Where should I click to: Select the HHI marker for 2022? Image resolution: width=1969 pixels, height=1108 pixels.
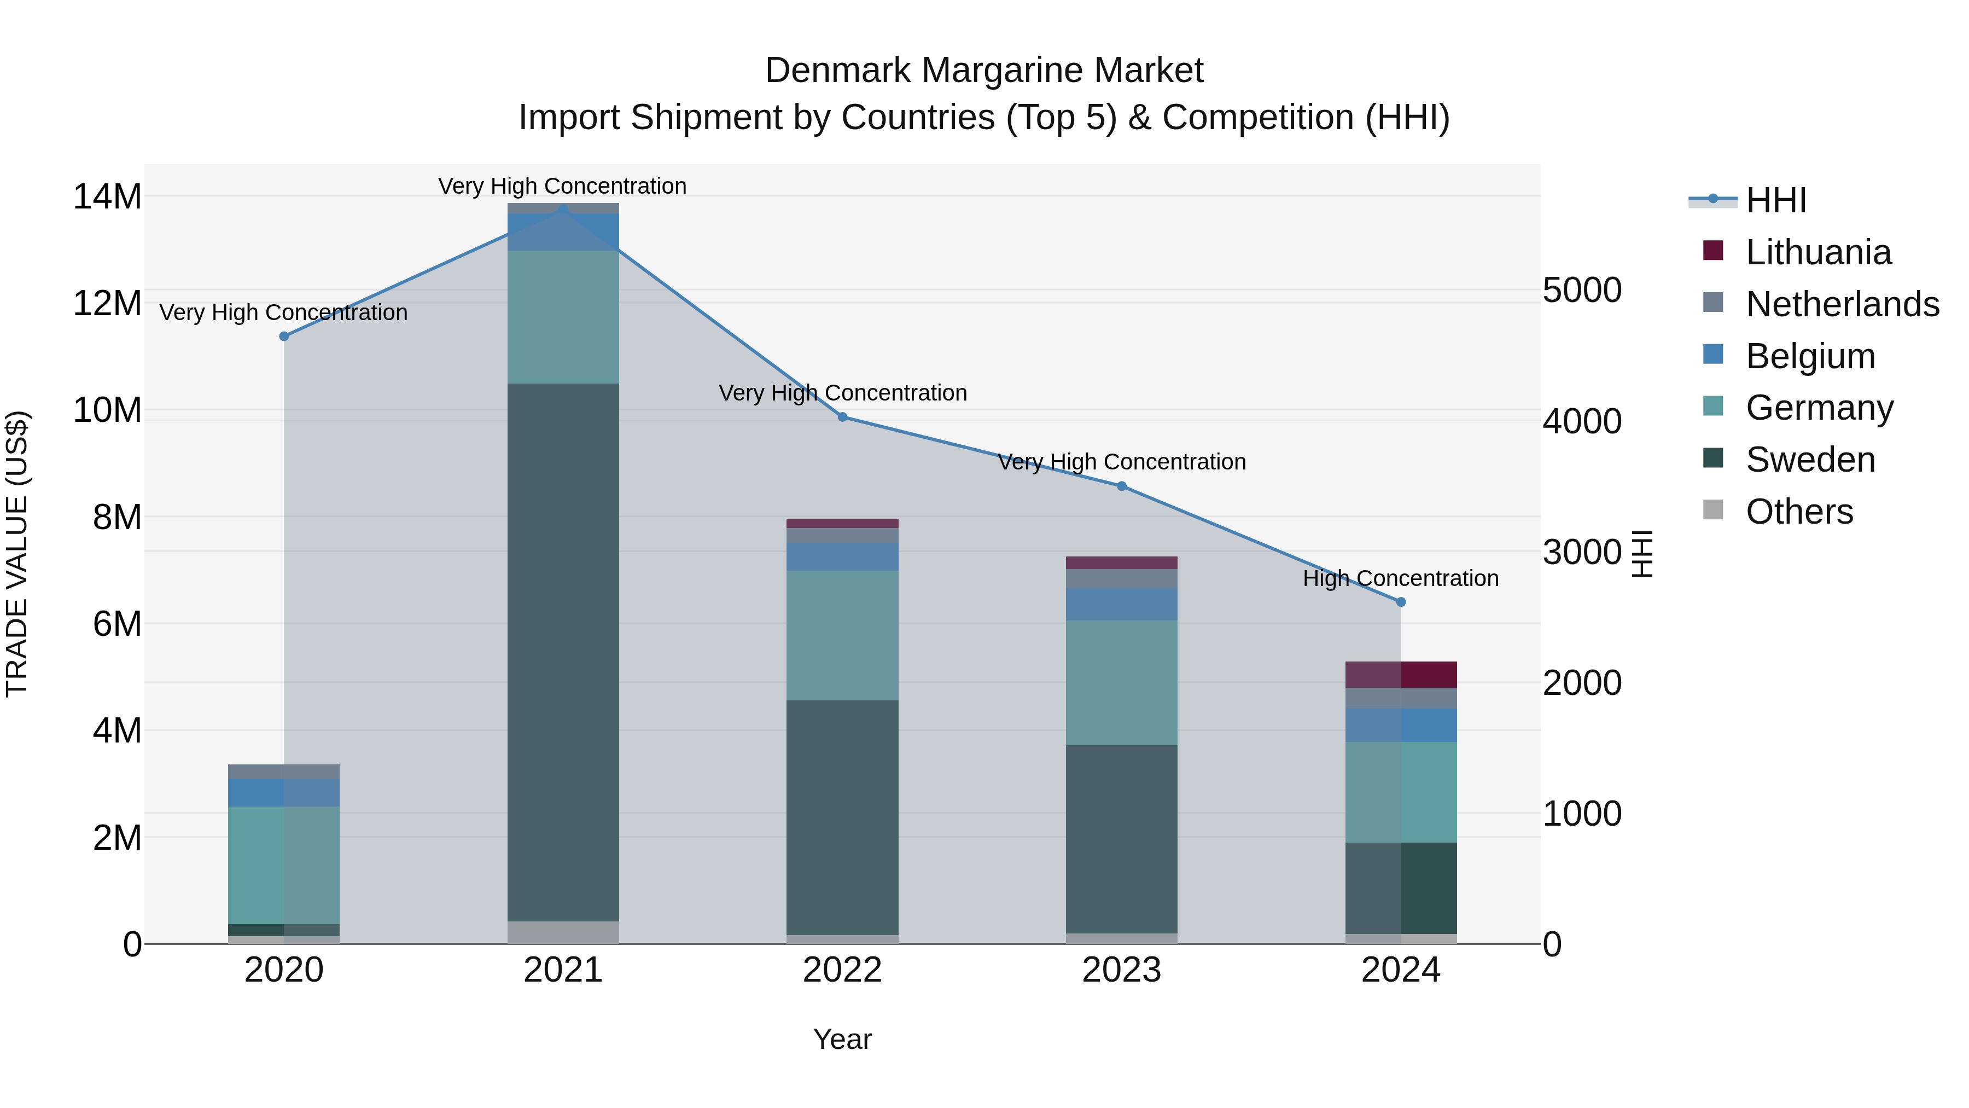pyautogui.click(x=842, y=417)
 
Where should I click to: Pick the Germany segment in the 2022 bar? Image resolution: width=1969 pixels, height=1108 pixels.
pyautogui.click(x=842, y=635)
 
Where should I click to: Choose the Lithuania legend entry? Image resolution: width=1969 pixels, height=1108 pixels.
pyautogui.click(x=1817, y=252)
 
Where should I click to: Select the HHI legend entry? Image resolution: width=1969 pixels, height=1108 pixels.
pyautogui.click(x=1775, y=200)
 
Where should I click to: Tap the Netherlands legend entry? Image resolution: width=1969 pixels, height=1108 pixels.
pyautogui.click(x=1842, y=304)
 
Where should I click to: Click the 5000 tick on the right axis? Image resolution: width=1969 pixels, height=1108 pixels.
pyautogui.click(x=1581, y=291)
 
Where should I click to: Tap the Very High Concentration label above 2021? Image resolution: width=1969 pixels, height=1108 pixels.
pyautogui.click(x=563, y=186)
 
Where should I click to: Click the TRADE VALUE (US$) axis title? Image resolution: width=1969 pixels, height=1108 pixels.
pyautogui.click(x=17, y=554)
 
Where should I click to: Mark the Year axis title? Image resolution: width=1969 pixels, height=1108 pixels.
pyautogui.click(x=842, y=1039)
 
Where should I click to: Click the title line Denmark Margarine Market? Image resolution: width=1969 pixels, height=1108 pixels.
pyautogui.click(x=984, y=71)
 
